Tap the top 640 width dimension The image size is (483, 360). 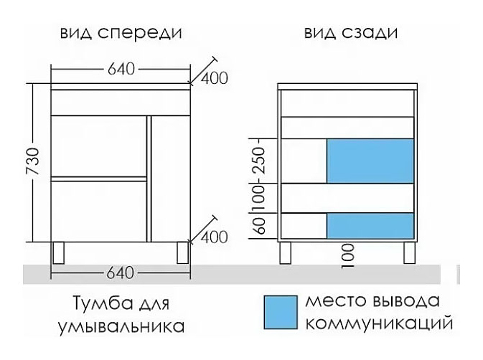120,70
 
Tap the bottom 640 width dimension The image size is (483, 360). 120,273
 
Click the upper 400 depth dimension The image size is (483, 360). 214,77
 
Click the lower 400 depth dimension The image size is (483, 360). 214,236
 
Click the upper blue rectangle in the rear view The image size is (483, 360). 370,161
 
